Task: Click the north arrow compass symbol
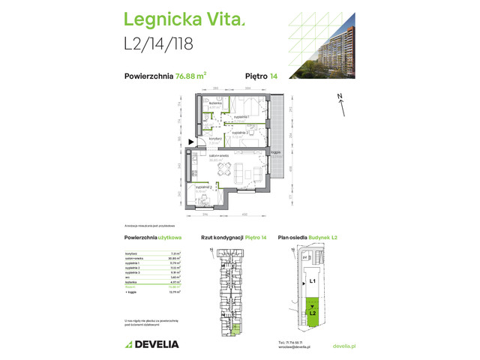340,102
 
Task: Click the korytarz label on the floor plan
214,139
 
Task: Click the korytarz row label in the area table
131,254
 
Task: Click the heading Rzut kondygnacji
223,238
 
